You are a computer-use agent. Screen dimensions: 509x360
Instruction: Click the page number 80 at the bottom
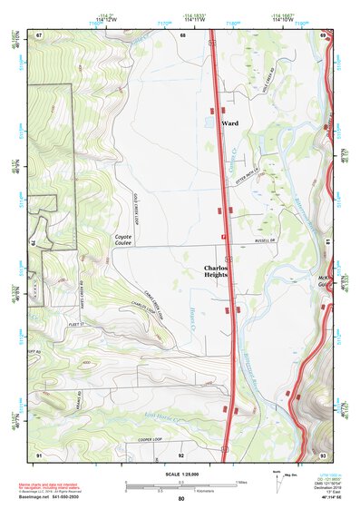pos(180,499)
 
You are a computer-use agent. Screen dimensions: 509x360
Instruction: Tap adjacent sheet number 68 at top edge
pos(182,35)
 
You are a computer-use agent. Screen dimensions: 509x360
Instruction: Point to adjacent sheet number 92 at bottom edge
pos(180,453)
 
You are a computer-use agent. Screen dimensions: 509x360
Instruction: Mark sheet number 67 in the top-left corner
pos(39,35)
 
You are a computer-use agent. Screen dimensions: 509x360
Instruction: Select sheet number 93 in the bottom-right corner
pos(323,453)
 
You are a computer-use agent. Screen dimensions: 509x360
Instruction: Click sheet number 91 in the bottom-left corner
pos(39,453)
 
